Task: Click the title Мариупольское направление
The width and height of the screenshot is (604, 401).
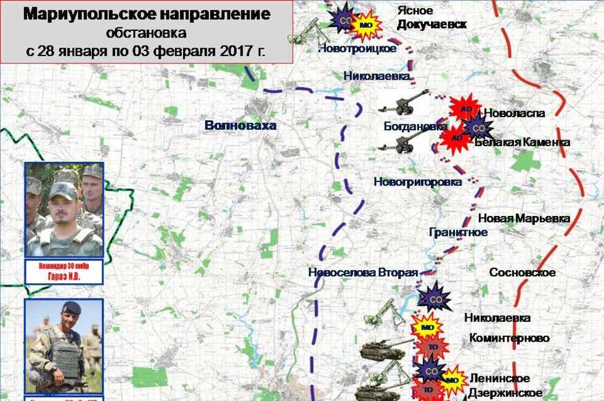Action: pyautogui.click(x=147, y=14)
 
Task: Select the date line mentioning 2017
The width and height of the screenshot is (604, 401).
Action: pyautogui.click(x=146, y=50)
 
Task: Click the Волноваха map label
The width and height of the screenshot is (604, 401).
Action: pyautogui.click(x=241, y=125)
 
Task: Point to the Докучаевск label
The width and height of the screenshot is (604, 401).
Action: pyautogui.click(x=431, y=24)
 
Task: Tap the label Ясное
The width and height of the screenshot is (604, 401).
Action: pyautogui.click(x=414, y=10)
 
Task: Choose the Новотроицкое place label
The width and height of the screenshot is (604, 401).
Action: pyautogui.click(x=357, y=49)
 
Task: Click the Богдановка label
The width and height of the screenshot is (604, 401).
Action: pyautogui.click(x=415, y=126)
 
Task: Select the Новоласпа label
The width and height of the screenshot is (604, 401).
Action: pyautogui.click(x=515, y=114)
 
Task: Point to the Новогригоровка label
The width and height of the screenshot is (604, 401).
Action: pyautogui.click(x=417, y=182)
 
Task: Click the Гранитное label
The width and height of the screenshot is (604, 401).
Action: pyautogui.click(x=458, y=233)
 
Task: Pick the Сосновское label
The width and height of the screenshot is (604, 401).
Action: pyautogui.click(x=522, y=273)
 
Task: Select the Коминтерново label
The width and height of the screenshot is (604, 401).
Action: pyautogui.click(x=509, y=338)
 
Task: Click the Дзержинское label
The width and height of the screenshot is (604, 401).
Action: pyautogui.click(x=505, y=393)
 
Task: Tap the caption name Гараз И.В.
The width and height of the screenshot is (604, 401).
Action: pyautogui.click(x=64, y=277)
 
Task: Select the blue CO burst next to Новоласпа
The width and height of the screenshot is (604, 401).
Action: pyautogui.click(x=478, y=128)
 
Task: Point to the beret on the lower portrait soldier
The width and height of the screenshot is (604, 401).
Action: pyautogui.click(x=71, y=308)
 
